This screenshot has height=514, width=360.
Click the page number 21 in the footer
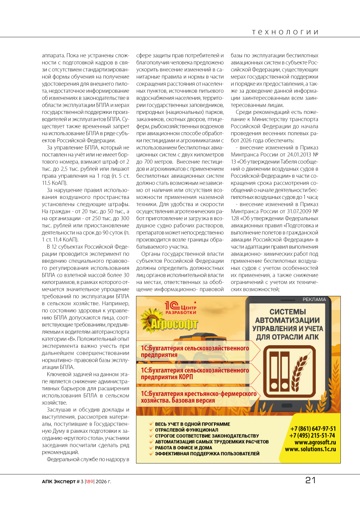(x=310, y=480)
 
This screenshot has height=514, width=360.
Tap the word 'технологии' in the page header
(x=285, y=32)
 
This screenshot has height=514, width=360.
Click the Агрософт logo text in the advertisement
(x=175, y=326)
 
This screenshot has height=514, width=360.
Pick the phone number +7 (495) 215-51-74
(x=312, y=435)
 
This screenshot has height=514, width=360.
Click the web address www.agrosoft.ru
(x=312, y=442)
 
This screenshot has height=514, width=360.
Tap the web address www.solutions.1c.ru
(x=311, y=449)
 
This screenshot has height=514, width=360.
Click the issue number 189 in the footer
(x=89, y=482)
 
